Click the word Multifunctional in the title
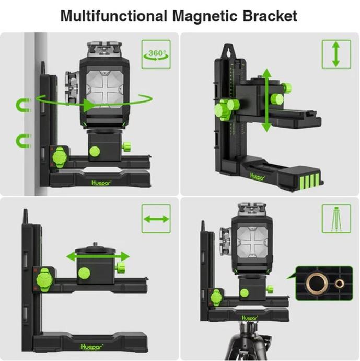click(114, 16)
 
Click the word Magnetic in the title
click(205, 16)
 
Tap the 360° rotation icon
click(156, 54)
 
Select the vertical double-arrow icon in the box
click(336, 54)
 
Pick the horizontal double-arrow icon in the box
click(156, 219)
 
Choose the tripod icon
click(336, 219)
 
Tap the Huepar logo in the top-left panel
click(101, 183)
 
